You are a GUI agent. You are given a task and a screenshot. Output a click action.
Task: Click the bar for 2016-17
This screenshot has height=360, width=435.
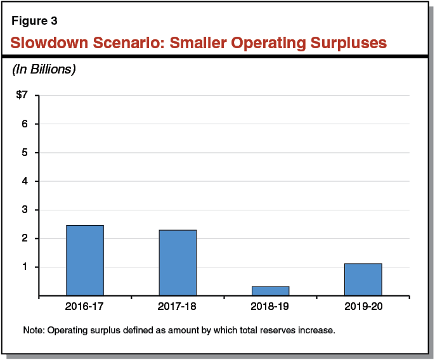(x=84, y=260)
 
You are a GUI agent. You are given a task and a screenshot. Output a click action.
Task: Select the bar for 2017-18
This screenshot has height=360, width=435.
(x=178, y=262)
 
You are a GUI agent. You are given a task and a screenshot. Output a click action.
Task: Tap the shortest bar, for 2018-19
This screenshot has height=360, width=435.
(x=270, y=291)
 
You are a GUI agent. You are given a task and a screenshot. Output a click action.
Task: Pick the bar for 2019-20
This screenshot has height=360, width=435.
(x=363, y=280)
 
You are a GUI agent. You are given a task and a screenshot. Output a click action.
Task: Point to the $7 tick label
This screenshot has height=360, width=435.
(x=23, y=96)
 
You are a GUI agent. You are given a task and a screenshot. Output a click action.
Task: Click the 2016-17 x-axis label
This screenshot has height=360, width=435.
(x=84, y=307)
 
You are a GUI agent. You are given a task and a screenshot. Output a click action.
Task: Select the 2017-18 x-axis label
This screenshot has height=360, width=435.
(x=178, y=307)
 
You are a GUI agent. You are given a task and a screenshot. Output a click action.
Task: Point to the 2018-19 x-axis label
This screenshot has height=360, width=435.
(x=270, y=307)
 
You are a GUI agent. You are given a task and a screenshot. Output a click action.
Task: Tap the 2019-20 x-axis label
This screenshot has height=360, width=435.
(x=363, y=307)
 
